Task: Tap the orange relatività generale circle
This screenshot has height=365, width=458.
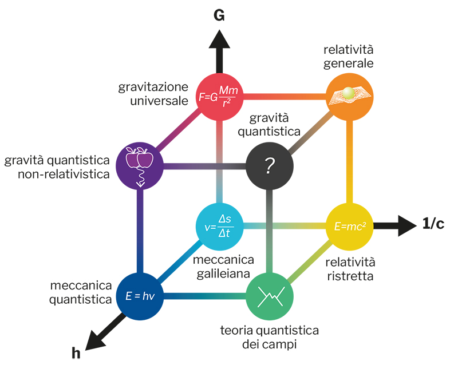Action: pyautogui.click(x=350, y=97)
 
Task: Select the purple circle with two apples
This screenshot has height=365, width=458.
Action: pyautogui.click(x=140, y=166)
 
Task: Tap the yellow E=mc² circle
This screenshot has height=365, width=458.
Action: pyautogui.click(x=350, y=226)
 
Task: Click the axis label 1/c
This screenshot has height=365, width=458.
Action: pyautogui.click(x=433, y=224)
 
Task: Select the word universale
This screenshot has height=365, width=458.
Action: pyautogui.click(x=159, y=101)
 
